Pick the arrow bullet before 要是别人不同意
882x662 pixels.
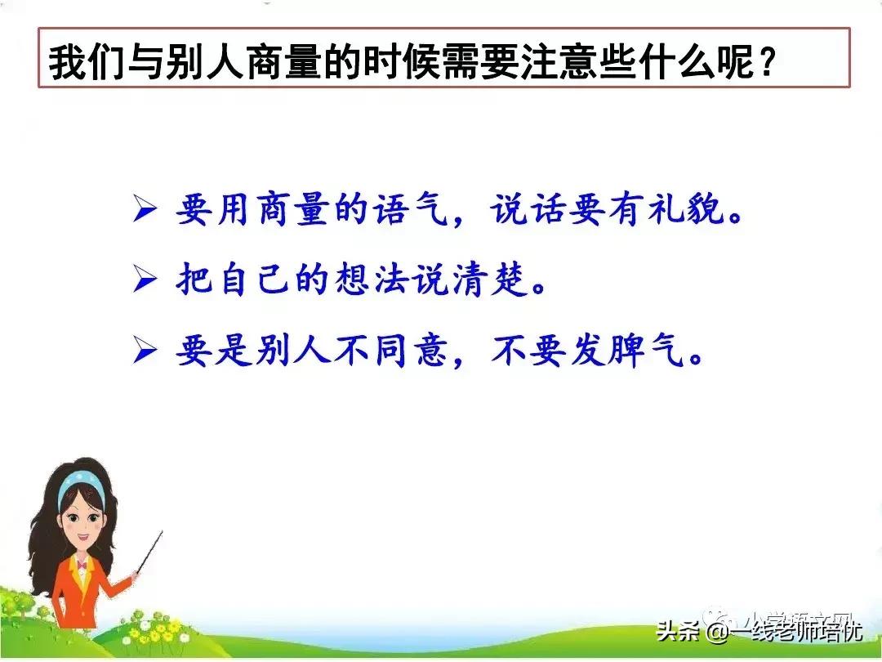[145, 352]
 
